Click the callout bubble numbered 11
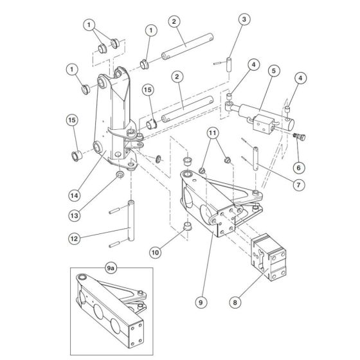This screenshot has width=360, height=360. click(x=213, y=134)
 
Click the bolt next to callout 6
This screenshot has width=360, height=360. click(x=299, y=137)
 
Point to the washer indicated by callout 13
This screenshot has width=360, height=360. click(x=120, y=175)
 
